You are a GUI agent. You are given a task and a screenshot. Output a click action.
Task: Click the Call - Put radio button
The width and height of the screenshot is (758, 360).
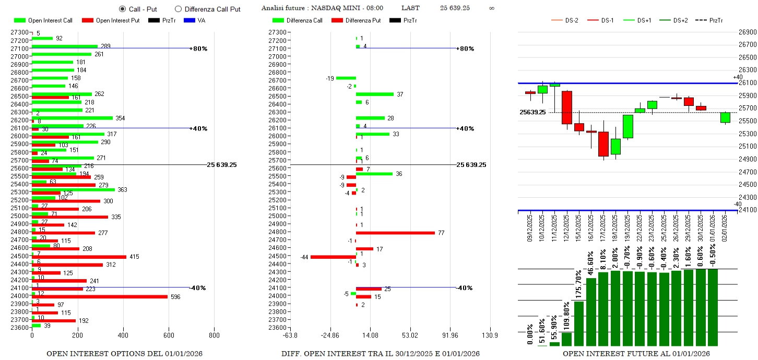click(x=122, y=9)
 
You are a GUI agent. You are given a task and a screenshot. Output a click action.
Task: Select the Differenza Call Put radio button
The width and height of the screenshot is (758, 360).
click(x=178, y=9)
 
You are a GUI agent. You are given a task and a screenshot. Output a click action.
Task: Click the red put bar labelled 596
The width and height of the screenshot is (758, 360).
click(x=100, y=297)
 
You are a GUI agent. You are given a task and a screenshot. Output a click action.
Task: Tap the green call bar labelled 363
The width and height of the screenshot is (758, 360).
click(x=73, y=189)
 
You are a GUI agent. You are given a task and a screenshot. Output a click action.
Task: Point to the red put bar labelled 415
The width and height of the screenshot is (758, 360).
click(x=79, y=257)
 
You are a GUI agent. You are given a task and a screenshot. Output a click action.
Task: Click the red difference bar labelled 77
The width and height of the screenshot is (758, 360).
click(x=395, y=233)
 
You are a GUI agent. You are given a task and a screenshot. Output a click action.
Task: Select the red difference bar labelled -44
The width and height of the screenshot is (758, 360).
click(x=333, y=257)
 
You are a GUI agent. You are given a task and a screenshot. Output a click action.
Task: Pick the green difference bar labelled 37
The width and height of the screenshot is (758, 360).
click(x=375, y=94)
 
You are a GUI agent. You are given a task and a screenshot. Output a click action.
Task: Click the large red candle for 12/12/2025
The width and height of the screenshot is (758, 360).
click(x=567, y=107)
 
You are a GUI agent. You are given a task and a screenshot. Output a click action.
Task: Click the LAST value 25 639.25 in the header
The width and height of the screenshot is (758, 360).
click(x=455, y=8)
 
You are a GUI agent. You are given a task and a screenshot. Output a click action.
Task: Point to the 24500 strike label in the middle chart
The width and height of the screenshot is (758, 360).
click(x=277, y=256)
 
